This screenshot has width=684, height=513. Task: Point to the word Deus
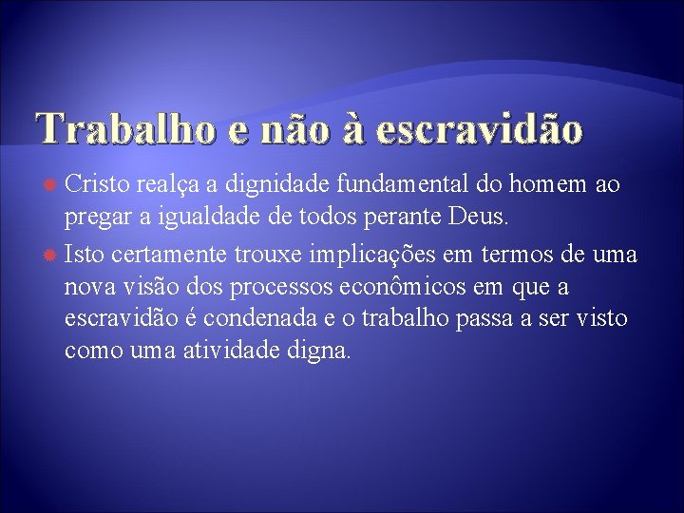tap(484, 219)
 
